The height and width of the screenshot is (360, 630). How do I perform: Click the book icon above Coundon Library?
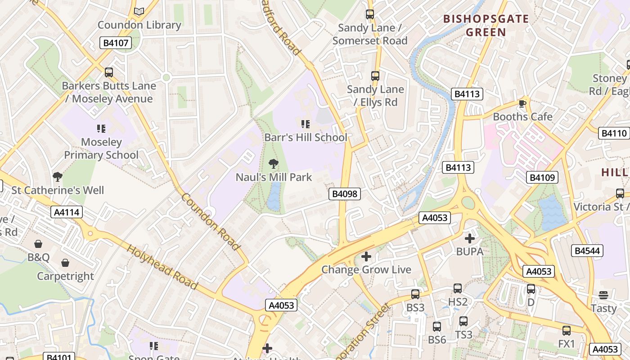tap(139, 12)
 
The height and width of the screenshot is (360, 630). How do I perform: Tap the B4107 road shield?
tap(116, 43)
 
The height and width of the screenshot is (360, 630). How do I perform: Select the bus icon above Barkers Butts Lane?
tap(108, 72)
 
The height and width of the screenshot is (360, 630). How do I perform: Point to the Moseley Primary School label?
tap(101, 148)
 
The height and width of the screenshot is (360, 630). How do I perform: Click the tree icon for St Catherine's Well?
tap(57, 176)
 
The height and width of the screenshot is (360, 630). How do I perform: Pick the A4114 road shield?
tap(67, 212)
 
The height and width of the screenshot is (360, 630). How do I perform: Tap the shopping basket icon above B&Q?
tap(39, 244)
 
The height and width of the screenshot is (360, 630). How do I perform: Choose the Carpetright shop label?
tap(65, 276)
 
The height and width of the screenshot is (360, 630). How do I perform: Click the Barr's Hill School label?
tap(306, 137)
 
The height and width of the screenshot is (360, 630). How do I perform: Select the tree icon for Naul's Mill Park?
tap(273, 163)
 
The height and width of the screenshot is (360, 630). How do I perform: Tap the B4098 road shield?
tap(345, 194)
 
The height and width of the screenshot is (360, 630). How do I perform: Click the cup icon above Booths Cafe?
tap(522, 103)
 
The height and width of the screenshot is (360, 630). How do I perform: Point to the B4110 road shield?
tap(614, 133)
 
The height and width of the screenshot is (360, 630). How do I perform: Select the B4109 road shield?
tap(542, 177)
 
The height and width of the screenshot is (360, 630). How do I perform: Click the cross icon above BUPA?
tap(470, 238)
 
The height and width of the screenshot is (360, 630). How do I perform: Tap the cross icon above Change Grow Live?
tap(366, 256)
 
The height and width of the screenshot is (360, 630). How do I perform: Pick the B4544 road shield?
tap(587, 251)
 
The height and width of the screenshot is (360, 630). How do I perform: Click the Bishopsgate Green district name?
tap(486, 25)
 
